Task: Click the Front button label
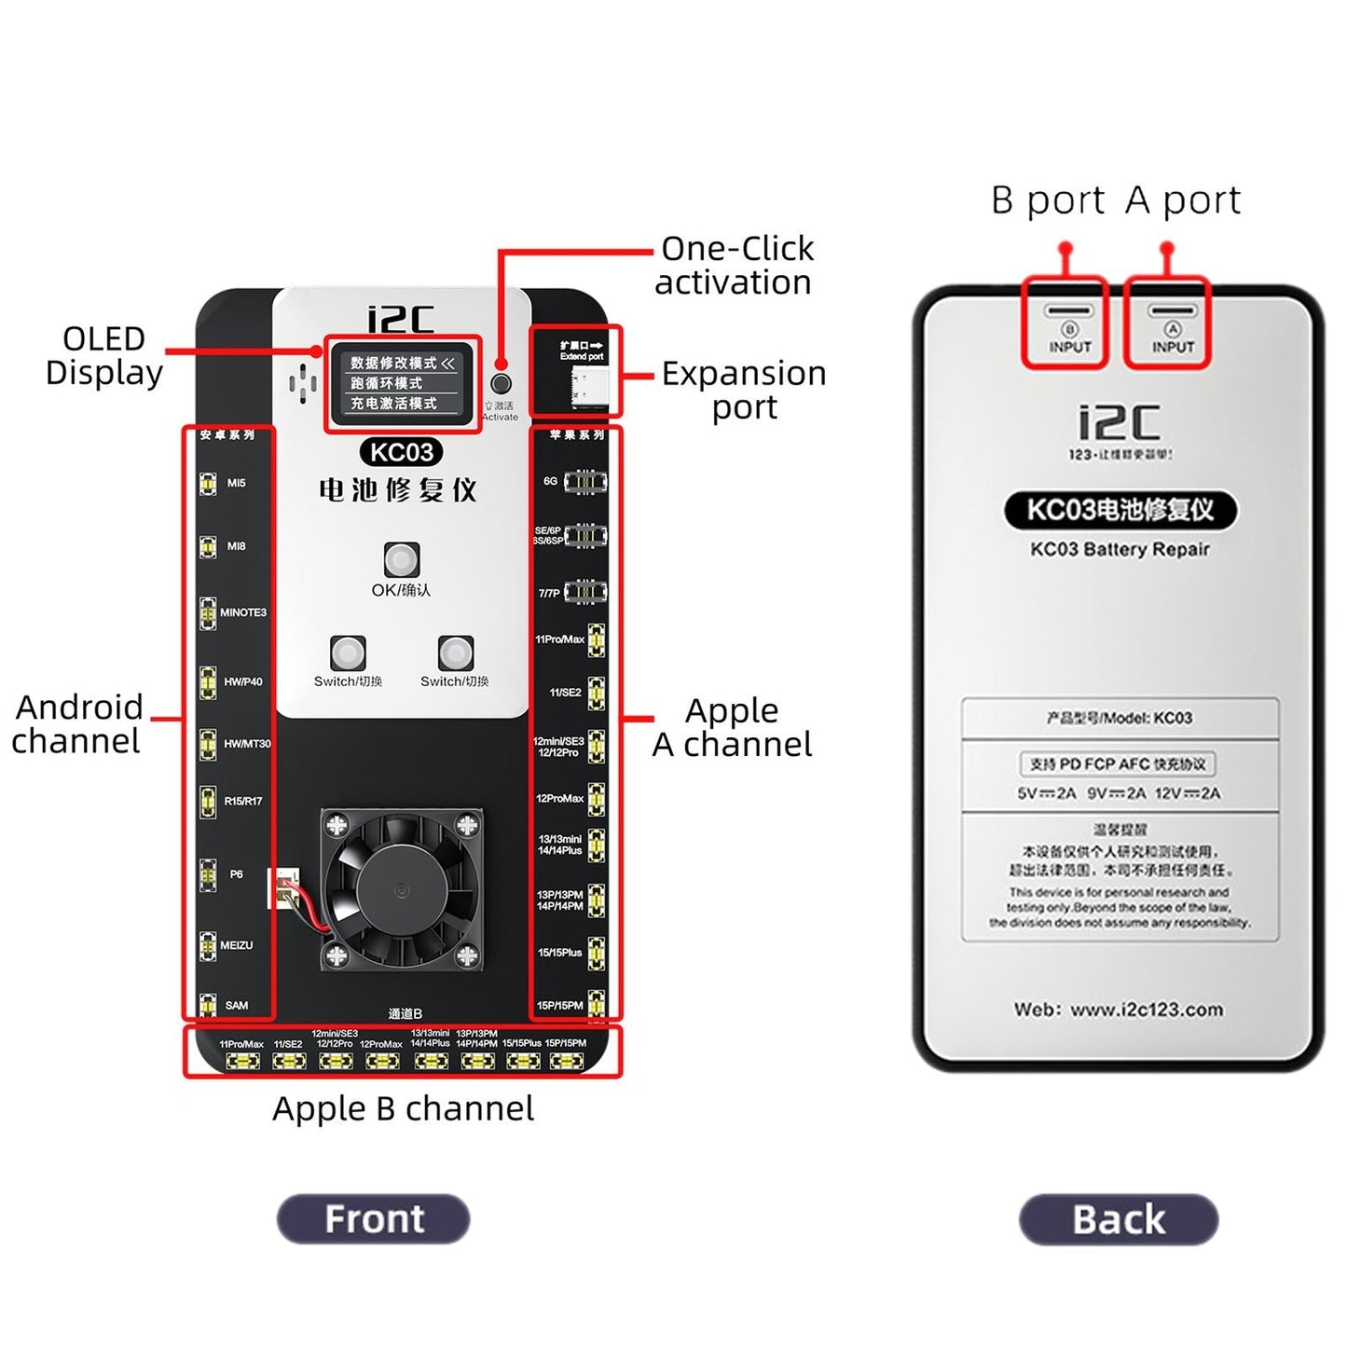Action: pos(373,1218)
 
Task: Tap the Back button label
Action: pos(1118,1219)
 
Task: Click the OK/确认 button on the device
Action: pos(402,559)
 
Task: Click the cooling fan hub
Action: pos(401,887)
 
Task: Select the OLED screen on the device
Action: pos(402,383)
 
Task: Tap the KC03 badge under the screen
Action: pos(401,453)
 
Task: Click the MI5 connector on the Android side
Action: pos(208,484)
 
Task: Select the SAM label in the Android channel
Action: pos(237,1005)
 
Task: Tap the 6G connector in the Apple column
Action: pos(584,481)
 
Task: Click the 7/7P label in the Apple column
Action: pos(549,593)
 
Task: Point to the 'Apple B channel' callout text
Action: pos(403,1108)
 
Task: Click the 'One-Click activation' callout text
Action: pos(734,266)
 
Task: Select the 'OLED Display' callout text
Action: pos(103,355)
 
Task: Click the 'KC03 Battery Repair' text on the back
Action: pos(1119,549)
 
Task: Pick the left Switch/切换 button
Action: pos(348,653)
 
